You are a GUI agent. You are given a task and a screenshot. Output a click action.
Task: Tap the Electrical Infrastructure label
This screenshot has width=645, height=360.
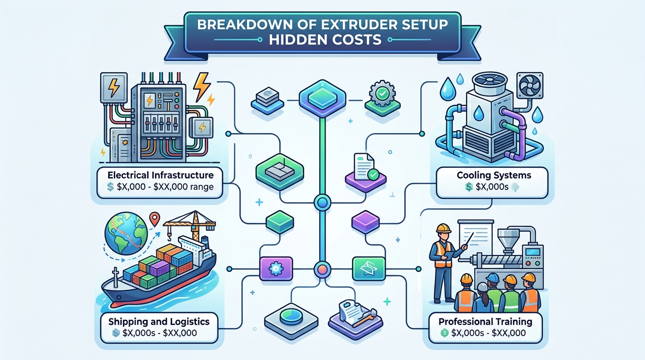tap(160, 175)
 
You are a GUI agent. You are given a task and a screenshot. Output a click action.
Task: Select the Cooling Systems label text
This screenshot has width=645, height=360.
tap(494, 176)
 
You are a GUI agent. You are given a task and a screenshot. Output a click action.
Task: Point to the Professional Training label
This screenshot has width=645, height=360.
tap(485, 322)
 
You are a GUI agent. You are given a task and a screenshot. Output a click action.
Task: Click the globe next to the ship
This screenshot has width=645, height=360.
tap(126, 235)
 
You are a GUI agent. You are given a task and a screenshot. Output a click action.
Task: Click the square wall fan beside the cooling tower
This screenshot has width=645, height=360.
tap(530, 86)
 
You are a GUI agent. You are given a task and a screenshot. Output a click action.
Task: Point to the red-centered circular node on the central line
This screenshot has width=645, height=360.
tap(322, 269)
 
